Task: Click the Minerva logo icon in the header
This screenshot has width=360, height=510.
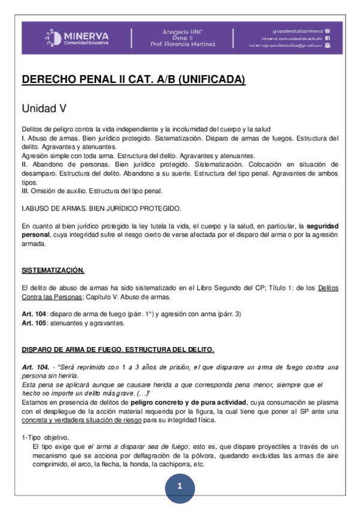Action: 53,38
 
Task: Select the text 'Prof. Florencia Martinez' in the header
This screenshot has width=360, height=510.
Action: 183,45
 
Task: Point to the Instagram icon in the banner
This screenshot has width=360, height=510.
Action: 328,30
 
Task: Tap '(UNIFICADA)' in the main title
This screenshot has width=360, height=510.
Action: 212,79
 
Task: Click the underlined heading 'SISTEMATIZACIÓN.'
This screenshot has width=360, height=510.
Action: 53,270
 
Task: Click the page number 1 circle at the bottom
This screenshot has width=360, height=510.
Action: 179,487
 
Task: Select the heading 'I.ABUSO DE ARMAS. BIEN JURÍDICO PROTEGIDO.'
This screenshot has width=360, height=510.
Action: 101,208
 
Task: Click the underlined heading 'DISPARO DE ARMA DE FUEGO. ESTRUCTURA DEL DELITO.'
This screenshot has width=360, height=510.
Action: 118,349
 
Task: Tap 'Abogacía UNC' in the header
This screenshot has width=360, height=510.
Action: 183,31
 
